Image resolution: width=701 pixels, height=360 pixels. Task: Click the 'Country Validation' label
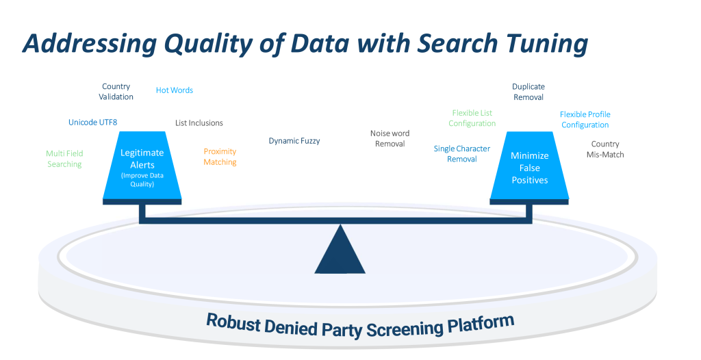[x=116, y=92]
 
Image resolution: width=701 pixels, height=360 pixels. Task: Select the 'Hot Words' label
[x=175, y=90]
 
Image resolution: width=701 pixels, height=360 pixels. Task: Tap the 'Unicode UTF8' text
[x=92, y=123]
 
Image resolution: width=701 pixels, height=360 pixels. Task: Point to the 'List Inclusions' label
[x=199, y=123]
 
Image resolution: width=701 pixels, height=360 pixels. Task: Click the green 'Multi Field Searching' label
[x=64, y=159]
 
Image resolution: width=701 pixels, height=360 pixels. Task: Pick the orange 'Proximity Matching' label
[x=220, y=157]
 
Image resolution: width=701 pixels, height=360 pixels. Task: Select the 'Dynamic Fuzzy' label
[x=294, y=141]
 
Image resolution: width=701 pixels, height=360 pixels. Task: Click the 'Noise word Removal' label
[x=390, y=138]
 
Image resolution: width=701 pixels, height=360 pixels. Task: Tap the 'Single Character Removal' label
[x=462, y=154]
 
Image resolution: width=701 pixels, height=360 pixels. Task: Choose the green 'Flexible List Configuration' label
[x=472, y=118]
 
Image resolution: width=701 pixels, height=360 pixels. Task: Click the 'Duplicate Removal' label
[x=528, y=92]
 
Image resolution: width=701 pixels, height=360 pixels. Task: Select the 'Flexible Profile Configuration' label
[x=585, y=120]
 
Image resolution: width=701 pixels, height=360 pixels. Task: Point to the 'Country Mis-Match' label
[x=605, y=149]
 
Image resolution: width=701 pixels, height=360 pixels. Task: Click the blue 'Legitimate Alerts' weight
[x=142, y=157]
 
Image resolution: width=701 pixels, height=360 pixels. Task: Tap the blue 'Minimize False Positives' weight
[x=529, y=168]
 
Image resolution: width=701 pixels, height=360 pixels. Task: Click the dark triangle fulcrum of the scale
[x=340, y=253]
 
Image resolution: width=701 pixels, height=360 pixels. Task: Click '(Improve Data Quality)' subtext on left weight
[x=142, y=180]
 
